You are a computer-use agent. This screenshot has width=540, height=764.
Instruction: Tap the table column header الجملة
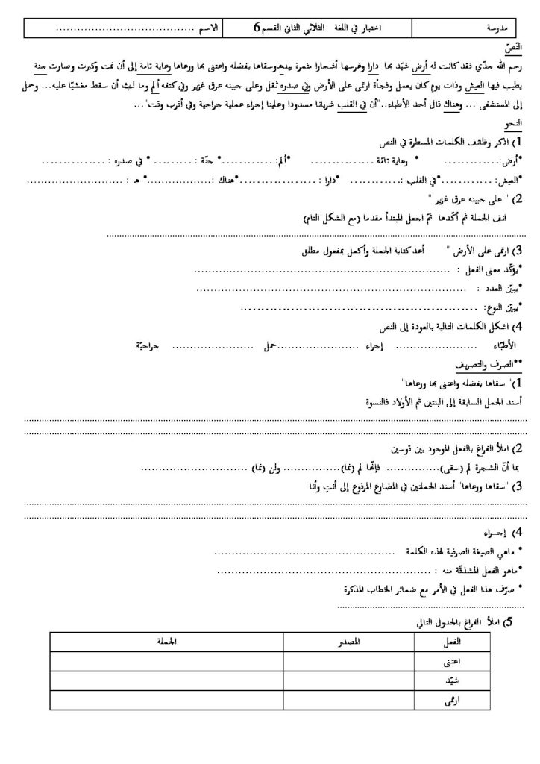159,642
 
